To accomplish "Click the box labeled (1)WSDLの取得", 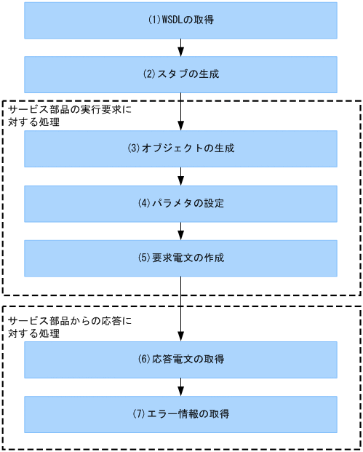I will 180,20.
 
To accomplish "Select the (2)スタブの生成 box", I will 180,73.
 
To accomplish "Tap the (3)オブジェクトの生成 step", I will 180,148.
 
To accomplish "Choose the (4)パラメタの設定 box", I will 180,203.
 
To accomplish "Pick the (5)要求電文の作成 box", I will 180,258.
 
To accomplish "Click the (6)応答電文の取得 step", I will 180,360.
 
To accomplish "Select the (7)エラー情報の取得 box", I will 180,414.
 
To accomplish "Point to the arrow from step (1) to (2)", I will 180,47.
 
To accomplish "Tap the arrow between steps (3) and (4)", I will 180,175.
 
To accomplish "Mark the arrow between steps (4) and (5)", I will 180,230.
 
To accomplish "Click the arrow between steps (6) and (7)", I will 180,386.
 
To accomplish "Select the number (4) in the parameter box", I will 144,203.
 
